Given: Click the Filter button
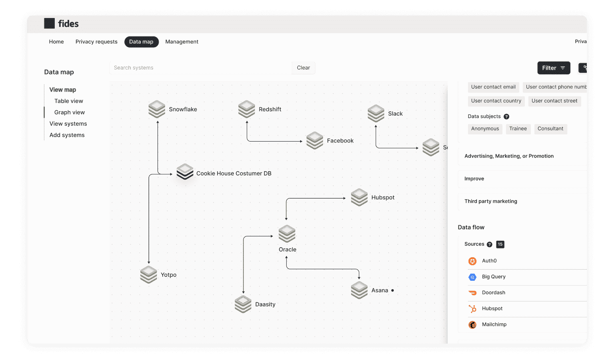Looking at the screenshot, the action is [553, 68].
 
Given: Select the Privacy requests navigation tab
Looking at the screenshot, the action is [96, 42].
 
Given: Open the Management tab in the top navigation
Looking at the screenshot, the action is [182, 42].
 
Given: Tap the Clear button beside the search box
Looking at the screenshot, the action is [303, 68].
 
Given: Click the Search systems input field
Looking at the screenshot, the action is [201, 68].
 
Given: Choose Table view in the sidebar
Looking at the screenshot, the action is [68, 101].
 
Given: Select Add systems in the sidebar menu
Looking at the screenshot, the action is [67, 135].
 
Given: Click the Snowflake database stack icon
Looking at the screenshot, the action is [157, 109].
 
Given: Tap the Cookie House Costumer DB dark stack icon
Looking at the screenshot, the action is [185, 172].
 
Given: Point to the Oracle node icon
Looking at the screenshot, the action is [287, 234].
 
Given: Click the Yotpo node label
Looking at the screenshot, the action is [169, 275].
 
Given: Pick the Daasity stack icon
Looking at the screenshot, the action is [243, 304].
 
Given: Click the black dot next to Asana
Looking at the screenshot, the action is [393, 290].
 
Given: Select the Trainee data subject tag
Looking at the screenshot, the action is [518, 129].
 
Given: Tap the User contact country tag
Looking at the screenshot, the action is [496, 101].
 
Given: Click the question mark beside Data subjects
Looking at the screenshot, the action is [506, 117].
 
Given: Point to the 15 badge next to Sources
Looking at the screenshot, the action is [500, 244].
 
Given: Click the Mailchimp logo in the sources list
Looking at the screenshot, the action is [472, 325].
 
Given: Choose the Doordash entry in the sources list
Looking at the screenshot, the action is [493, 293].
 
